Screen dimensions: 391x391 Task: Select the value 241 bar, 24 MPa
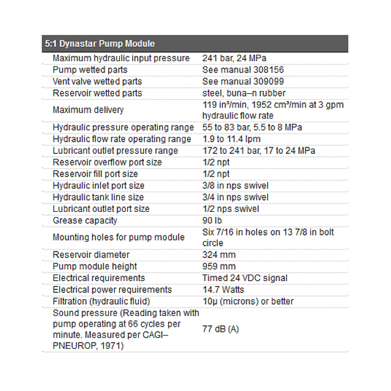[x=235, y=59]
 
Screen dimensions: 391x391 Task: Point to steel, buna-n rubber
[x=244, y=93]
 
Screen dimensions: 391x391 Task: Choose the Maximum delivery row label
[x=88, y=110]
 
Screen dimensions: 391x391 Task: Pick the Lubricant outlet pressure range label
[x=115, y=151]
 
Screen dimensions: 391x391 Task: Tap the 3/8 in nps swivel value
[x=235, y=186]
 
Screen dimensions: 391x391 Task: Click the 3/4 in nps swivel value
[x=235, y=197]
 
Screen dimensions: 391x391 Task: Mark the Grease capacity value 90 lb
[x=212, y=220]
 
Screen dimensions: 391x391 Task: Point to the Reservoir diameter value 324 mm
[x=219, y=255]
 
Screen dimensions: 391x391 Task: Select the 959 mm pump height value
[x=219, y=267]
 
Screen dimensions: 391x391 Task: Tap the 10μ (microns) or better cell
[x=248, y=301]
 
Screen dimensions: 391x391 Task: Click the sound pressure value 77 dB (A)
[x=221, y=329]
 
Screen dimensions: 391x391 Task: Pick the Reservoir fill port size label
[x=95, y=174]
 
